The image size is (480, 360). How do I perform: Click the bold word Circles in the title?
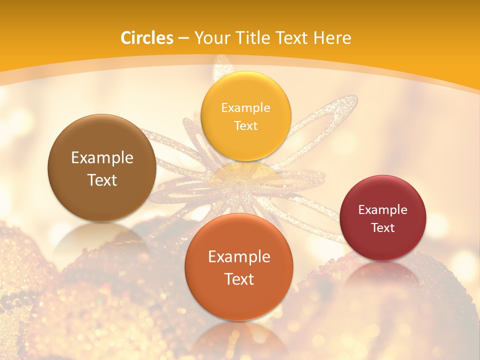pyautogui.click(x=147, y=38)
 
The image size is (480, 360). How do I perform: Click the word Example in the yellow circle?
pyautogui.click(x=246, y=107)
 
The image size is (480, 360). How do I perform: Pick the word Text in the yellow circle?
pyautogui.click(x=246, y=125)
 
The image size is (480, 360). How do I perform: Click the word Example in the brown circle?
pyautogui.click(x=102, y=158)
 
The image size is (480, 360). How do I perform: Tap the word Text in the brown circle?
pyautogui.click(x=102, y=180)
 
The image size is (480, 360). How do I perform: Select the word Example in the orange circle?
pyautogui.click(x=239, y=257)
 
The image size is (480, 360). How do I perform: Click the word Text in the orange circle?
pyautogui.click(x=239, y=279)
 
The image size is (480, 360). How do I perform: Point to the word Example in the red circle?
pyautogui.click(x=383, y=209)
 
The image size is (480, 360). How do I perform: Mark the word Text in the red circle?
pyautogui.click(x=383, y=227)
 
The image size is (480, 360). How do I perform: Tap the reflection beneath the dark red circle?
pyautogui.click(x=383, y=272)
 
